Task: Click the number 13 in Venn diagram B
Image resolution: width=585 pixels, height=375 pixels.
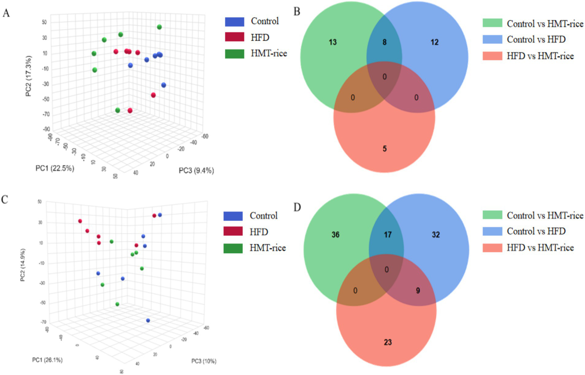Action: pos(333,42)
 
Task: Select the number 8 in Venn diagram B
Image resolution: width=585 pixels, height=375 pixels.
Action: pos(385,42)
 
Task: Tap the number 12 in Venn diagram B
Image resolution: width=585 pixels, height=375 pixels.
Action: pos(434,42)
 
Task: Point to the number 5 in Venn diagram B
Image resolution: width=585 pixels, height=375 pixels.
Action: pos(385,149)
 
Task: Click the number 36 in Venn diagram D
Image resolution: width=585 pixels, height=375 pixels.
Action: pos(335,235)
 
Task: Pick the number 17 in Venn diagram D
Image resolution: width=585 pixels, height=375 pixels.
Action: pos(388,235)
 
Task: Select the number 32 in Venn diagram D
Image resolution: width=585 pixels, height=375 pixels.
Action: pos(436,235)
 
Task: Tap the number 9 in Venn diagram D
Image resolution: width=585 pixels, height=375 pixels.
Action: pos(418,291)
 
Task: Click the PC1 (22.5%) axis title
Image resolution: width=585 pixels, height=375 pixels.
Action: pos(55,168)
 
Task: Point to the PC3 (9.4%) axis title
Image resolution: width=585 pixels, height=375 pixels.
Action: pos(196,171)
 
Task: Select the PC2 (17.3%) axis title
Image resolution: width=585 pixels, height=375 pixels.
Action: pos(29,76)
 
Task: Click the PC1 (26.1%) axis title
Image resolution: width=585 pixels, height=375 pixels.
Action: pos(47,360)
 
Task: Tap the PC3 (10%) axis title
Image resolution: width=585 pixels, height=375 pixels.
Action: pos(204,361)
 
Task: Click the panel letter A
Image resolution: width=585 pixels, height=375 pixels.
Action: pos(6,13)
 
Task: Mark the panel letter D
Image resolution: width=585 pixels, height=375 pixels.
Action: pos(297,207)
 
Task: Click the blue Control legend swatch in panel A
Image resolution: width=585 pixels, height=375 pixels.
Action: pos(234,21)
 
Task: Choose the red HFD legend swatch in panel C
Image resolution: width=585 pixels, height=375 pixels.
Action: pos(233,231)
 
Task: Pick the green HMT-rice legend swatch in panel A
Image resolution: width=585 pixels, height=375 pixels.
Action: pos(234,54)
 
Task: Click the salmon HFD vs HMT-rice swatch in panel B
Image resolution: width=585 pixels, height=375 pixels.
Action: pos(492,56)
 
